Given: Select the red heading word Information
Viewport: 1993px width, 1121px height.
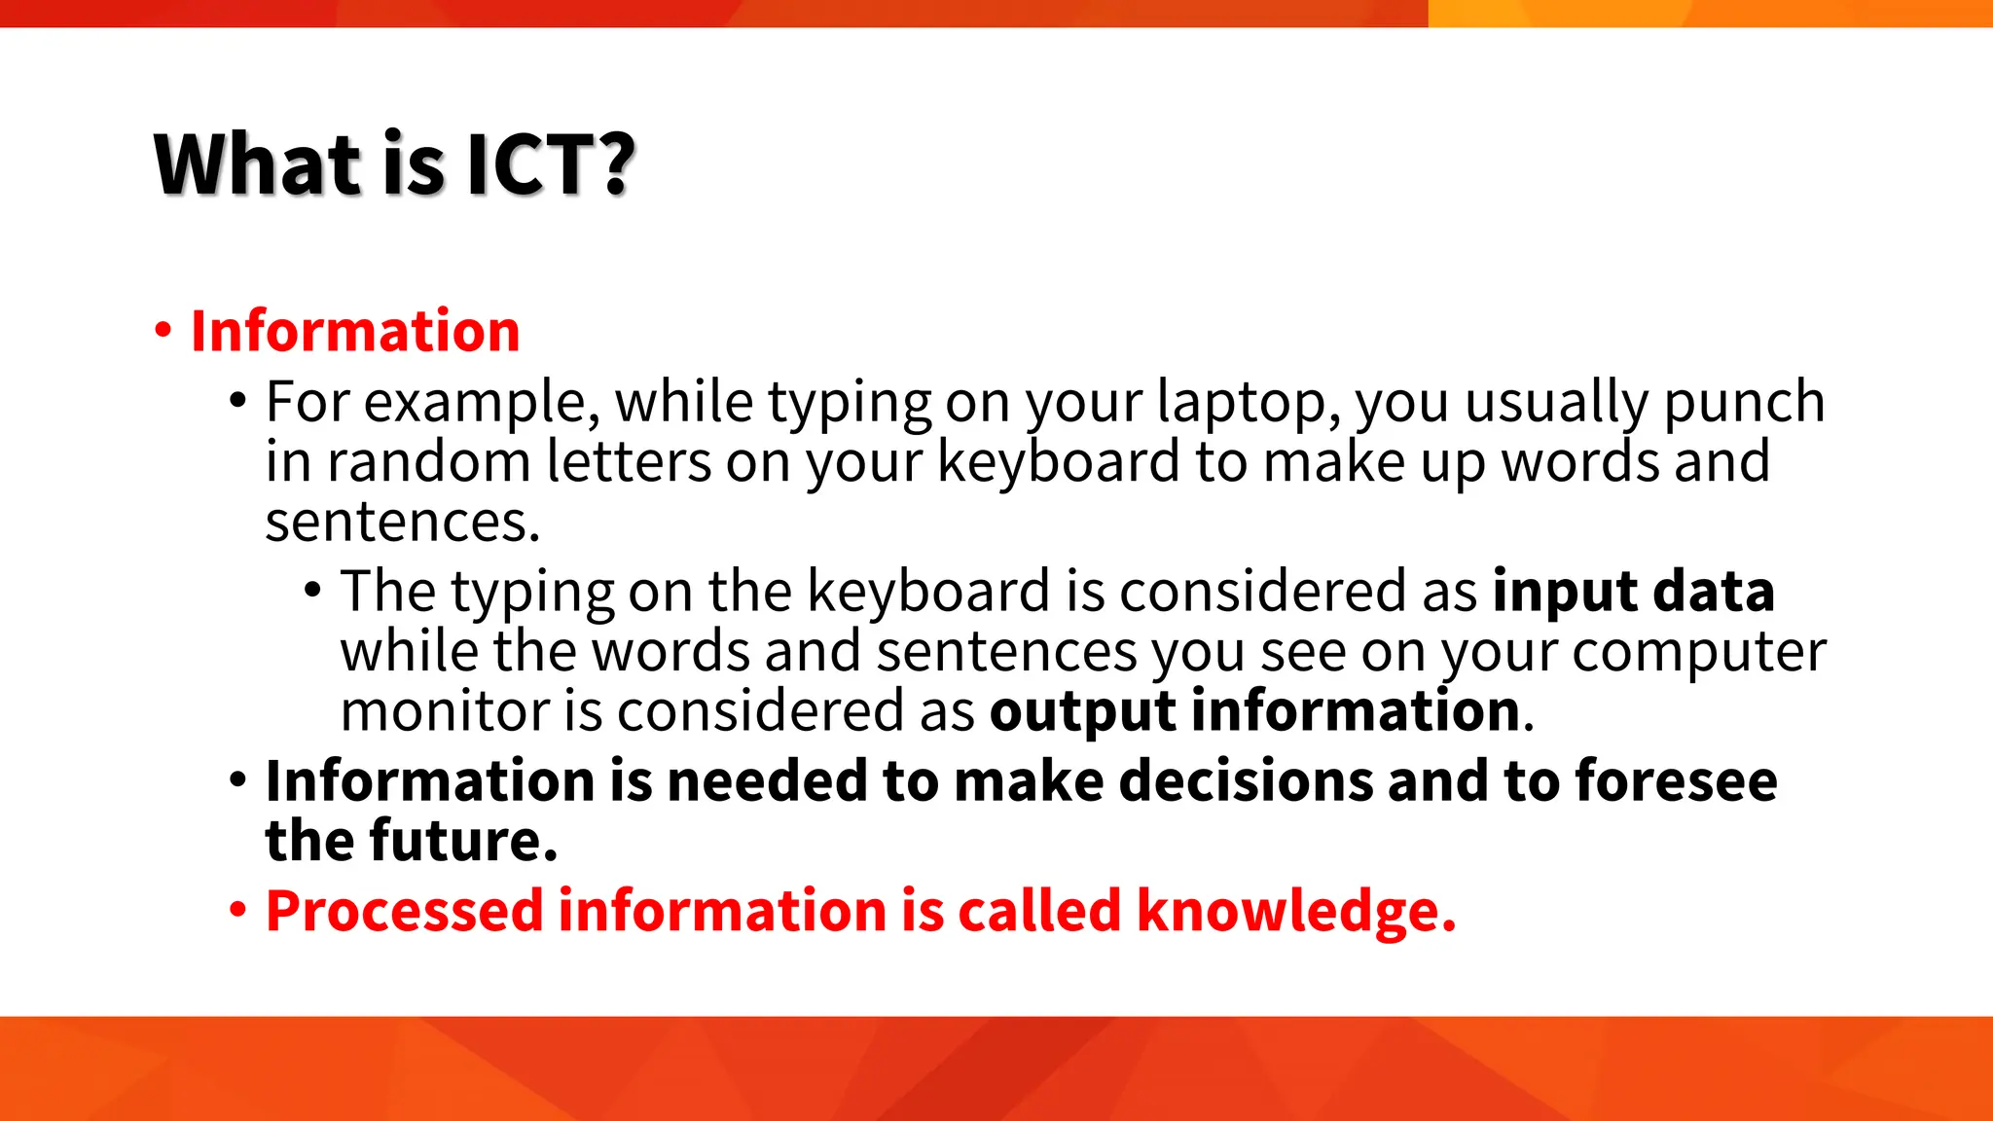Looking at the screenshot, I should click(355, 331).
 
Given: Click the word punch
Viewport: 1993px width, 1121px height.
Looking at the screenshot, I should click(1743, 402).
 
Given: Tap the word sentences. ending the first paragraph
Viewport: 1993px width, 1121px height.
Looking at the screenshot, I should click(402, 522).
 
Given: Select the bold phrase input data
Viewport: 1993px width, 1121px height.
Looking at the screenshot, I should click(1634, 591).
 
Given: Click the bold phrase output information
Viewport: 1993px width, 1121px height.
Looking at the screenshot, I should click(1255, 710).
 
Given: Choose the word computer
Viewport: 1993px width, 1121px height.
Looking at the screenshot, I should click(1699, 651).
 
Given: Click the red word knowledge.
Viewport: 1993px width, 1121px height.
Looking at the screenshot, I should click(1295, 911).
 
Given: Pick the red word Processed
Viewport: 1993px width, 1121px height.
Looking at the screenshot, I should click(404, 911).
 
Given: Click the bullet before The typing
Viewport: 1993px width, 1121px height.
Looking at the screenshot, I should click(312, 590).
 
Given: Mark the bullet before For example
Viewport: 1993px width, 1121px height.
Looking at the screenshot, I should click(238, 401).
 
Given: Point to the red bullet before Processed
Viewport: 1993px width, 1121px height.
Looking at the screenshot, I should click(238, 911).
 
